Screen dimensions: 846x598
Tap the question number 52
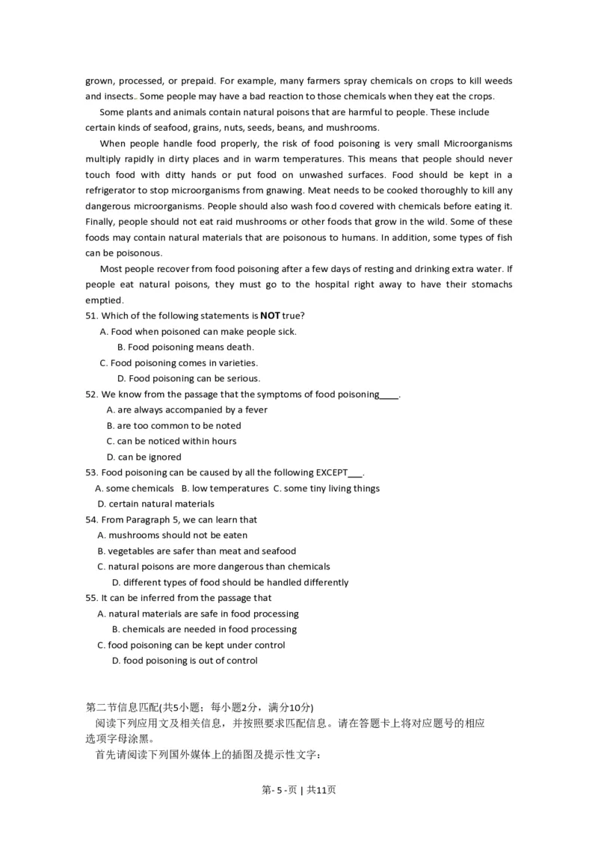pyautogui.click(x=92, y=394)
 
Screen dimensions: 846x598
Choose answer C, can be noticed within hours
pyautogui.click(x=171, y=441)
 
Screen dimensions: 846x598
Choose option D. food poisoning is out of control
pyautogui.click(x=184, y=661)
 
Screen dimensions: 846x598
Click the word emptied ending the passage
pyautogui.click(x=104, y=300)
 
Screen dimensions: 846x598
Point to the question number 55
pyautogui.click(x=92, y=598)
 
